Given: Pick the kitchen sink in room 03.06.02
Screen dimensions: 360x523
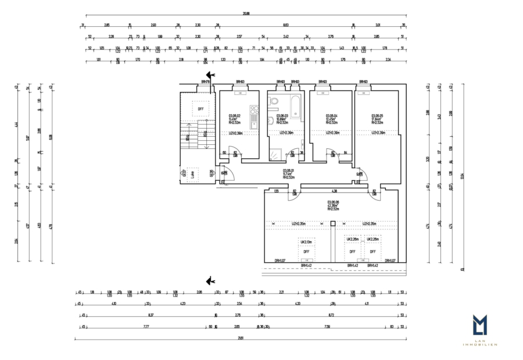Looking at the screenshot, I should click(x=254, y=122).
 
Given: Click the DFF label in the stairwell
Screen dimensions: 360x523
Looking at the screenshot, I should click(x=200, y=109).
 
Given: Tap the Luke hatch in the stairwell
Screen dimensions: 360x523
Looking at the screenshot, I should click(x=192, y=173).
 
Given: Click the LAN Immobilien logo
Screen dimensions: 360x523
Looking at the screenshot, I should click(x=479, y=331).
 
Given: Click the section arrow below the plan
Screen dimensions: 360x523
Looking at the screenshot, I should click(x=211, y=281).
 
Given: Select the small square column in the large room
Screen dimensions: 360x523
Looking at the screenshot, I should click(x=333, y=223).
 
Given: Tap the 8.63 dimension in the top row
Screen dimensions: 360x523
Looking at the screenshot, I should click(x=285, y=26).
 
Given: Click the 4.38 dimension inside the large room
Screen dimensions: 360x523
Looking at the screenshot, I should click(x=334, y=191).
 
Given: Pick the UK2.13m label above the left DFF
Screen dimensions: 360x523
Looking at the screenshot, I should click(x=305, y=241).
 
